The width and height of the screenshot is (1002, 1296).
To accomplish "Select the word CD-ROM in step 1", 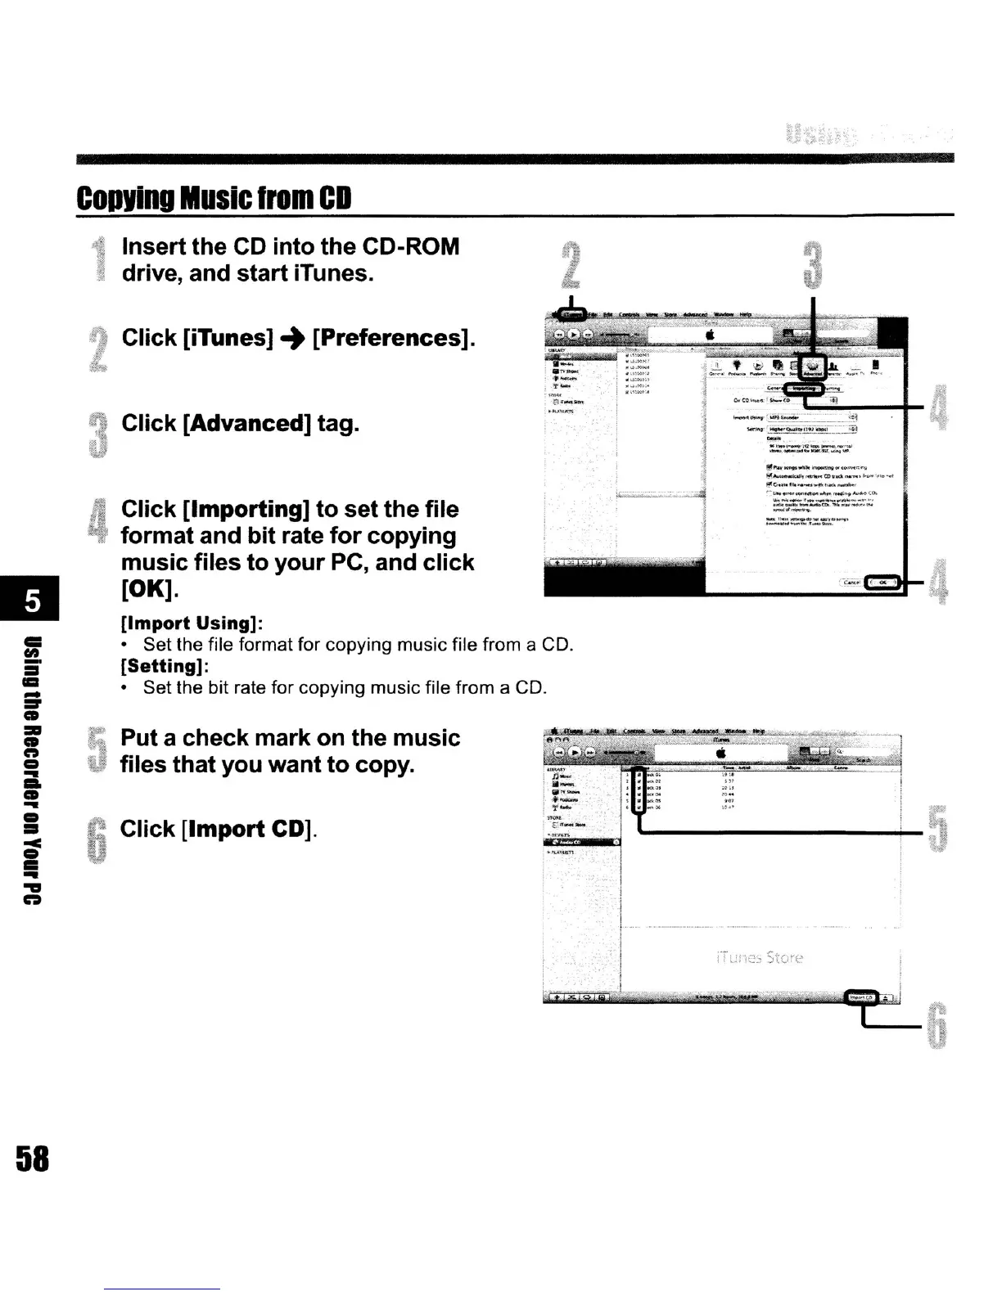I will (410, 247).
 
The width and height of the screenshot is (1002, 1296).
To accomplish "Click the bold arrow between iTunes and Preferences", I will (292, 338).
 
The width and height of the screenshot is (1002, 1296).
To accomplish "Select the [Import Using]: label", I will (191, 623).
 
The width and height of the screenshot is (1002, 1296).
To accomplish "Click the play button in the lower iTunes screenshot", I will (575, 752).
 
